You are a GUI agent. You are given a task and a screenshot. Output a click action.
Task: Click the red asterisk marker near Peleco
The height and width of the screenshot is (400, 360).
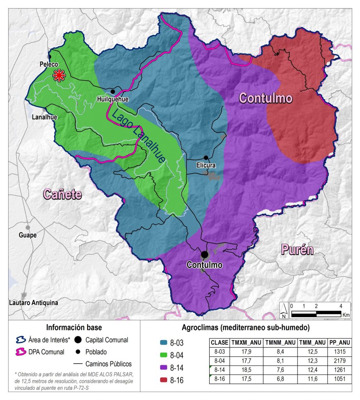point(59,75)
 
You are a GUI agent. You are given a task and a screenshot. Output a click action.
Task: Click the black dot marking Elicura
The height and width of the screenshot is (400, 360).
point(206,158)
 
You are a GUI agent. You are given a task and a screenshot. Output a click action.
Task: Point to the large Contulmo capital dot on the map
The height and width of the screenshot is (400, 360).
point(204,254)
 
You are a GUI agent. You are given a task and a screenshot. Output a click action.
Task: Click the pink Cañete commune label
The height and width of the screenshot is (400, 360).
point(62,194)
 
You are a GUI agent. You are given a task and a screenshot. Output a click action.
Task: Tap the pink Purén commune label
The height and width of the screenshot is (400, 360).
point(297,250)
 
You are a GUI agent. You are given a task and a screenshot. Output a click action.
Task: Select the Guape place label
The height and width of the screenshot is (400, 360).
point(28,235)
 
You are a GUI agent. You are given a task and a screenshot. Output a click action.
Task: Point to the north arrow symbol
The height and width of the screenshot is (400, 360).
point(284,311)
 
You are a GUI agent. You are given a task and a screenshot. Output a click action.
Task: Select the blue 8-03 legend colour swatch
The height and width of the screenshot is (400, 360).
point(158,343)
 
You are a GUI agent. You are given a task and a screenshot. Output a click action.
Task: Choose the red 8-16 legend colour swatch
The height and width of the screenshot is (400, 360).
point(158,380)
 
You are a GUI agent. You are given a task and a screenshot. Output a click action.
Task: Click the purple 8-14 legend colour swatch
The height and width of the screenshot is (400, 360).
point(158,368)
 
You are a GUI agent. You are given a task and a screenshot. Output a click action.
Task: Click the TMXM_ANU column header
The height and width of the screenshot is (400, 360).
point(246,343)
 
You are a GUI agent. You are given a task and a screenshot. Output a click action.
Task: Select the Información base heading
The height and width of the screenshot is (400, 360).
point(74,327)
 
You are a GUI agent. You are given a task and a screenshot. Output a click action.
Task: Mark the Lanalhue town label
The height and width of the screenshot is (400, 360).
point(43,117)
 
